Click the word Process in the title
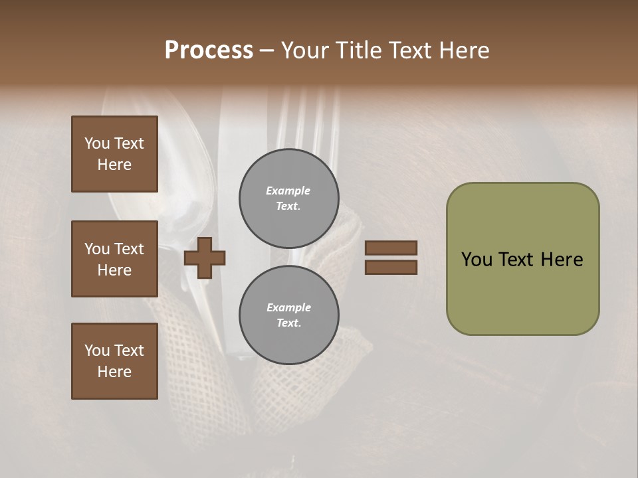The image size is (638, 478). pos(209,50)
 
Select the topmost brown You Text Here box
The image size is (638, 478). pos(114,154)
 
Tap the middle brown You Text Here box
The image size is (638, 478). pos(114,259)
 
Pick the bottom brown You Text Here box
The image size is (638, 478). pos(114,361)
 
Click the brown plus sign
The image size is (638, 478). pos(205,258)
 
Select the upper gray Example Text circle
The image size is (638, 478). pos(288,198)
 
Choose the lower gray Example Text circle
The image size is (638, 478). pos(288,315)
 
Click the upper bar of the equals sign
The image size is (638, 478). pos(391,248)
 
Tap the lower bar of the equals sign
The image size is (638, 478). pos(391,267)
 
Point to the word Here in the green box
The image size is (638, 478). pos(562,260)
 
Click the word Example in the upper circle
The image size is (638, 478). pos(288,191)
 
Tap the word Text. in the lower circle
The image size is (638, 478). pos(288,323)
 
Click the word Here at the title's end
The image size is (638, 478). pos(464,50)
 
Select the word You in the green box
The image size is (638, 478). pos(477,260)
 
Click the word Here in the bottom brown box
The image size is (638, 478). pos(114,372)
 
